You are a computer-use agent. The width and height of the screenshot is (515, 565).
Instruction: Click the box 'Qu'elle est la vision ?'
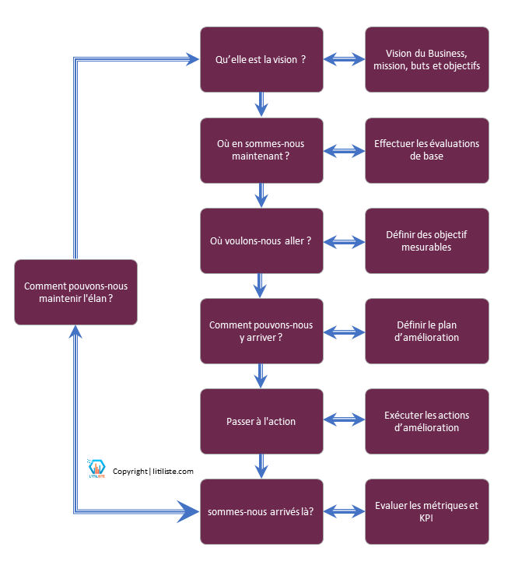click(x=261, y=59)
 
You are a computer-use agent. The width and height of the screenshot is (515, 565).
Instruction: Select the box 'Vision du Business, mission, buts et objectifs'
click(x=427, y=59)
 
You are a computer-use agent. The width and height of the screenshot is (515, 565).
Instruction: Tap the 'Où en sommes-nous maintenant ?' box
click(x=261, y=149)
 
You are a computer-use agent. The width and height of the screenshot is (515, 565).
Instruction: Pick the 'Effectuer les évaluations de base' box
click(x=427, y=149)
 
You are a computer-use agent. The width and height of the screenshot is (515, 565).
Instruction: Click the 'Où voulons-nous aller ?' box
click(x=261, y=240)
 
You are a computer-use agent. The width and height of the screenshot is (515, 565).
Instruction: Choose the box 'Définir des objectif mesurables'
click(x=427, y=240)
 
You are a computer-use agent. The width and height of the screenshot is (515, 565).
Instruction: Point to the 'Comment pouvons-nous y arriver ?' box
click(x=261, y=331)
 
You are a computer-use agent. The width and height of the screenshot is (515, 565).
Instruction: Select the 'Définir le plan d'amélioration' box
click(x=427, y=331)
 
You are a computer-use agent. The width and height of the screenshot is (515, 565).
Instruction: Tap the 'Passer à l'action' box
click(x=261, y=421)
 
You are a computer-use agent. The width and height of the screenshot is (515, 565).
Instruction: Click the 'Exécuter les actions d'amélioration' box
click(x=427, y=421)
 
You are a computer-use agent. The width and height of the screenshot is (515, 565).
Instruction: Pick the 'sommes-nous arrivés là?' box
click(x=261, y=511)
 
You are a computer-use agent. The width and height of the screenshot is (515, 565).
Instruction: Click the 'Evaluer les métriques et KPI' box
click(x=427, y=511)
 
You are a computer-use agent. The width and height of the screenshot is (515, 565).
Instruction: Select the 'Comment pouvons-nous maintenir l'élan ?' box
click(x=75, y=292)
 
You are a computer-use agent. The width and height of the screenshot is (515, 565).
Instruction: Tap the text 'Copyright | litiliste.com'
click(x=153, y=471)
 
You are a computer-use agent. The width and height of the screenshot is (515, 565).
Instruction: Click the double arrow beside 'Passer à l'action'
click(x=344, y=421)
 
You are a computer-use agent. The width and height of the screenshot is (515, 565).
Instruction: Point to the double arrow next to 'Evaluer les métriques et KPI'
click(x=344, y=511)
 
